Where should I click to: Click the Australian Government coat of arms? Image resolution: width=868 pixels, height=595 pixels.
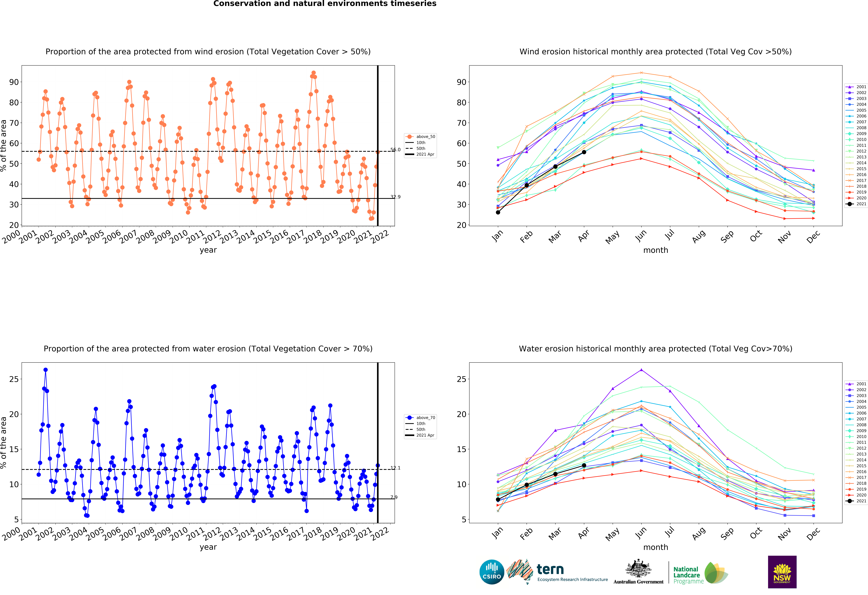(638, 568)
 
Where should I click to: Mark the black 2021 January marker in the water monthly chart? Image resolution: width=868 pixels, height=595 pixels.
(498, 499)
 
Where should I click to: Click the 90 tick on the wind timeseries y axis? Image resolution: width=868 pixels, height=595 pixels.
(14, 82)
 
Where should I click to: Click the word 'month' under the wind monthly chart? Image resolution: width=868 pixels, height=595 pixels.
(655, 250)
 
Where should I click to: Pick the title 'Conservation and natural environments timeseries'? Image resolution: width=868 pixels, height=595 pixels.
(325, 4)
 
